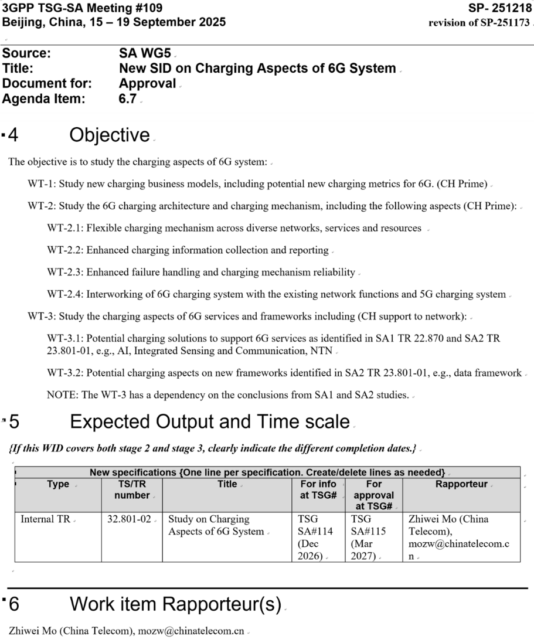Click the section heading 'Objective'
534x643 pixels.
click(x=110, y=135)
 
